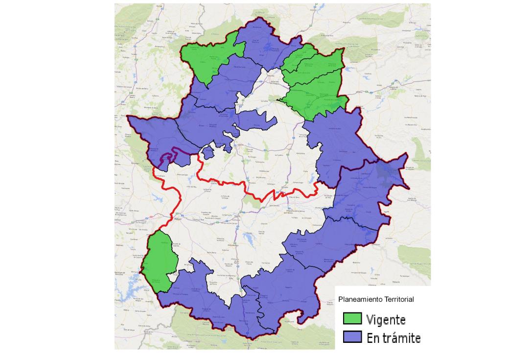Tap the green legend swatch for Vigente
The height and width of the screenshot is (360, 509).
point(353,319)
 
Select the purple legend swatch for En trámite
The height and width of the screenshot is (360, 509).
point(353,337)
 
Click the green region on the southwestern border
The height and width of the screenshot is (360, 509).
point(161,262)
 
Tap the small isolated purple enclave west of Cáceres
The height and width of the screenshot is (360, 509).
point(208,153)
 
